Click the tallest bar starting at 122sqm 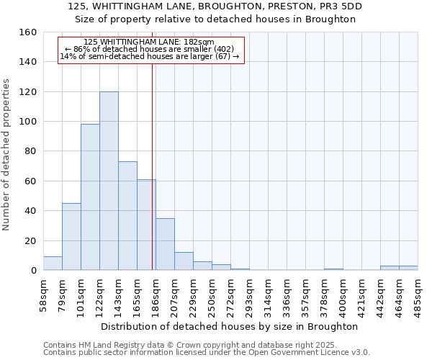pos(109,181)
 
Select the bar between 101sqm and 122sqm pos(90,197)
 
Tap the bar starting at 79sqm pos(71,237)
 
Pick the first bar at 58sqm pos(53,264)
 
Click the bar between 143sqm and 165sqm pos(127,216)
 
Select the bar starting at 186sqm pos(165,244)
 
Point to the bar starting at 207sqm pos(184,261)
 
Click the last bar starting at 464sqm pos(408,268)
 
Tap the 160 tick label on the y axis pos(27,32)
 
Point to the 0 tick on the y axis pos(33,271)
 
